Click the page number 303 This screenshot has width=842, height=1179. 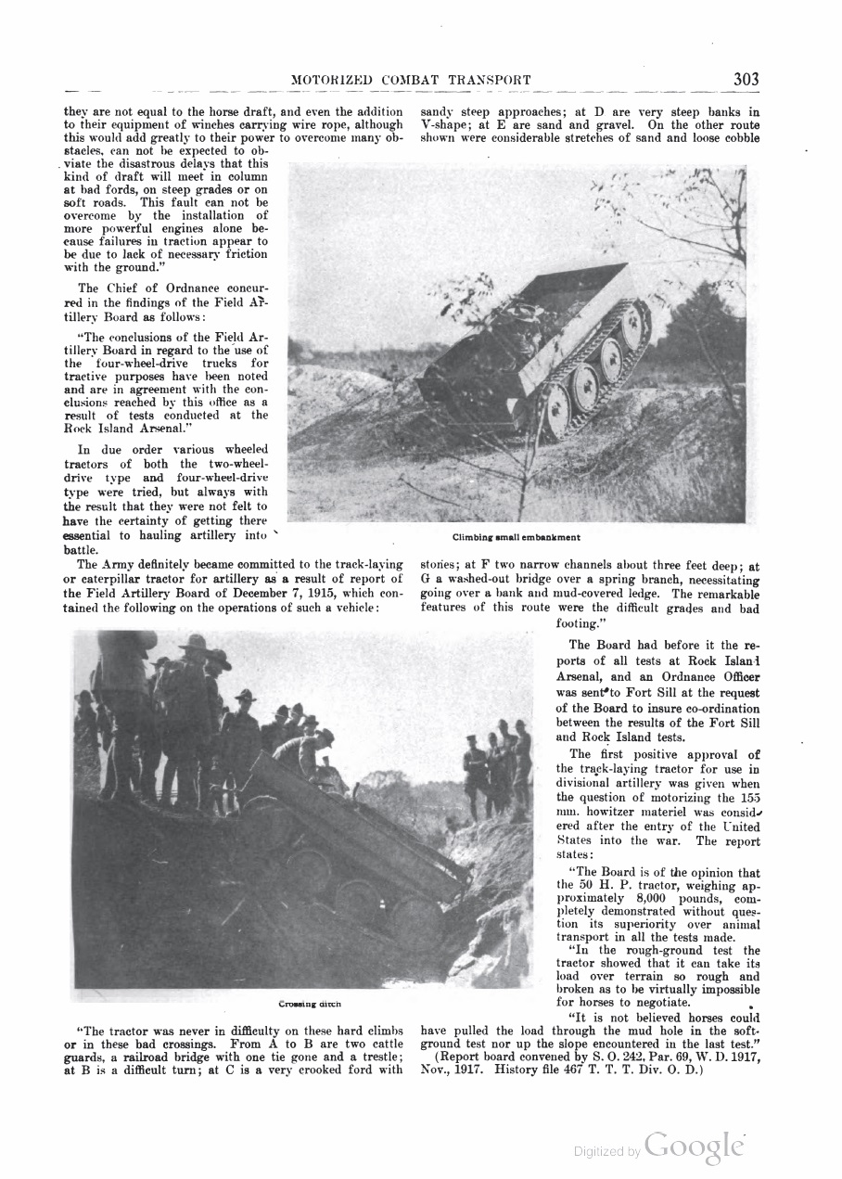click(x=746, y=80)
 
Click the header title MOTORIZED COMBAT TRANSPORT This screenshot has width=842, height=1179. click(x=411, y=81)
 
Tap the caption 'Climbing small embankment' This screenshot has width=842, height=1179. click(x=517, y=537)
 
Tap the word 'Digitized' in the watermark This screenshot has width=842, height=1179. click(x=600, y=1152)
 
